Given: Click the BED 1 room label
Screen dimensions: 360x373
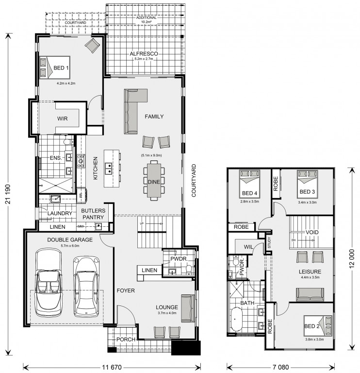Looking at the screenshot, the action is (61, 68).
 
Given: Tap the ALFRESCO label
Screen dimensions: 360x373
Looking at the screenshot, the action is (144, 54).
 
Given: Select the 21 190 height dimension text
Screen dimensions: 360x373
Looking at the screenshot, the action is (8, 194).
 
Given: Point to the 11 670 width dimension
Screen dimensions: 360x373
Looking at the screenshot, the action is (112, 367).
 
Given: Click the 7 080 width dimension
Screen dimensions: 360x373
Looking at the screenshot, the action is (280, 367).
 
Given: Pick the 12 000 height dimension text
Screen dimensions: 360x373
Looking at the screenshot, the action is (352, 258).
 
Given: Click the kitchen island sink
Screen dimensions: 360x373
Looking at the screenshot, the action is (109, 168).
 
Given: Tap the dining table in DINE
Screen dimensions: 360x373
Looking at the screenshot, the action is (154, 181).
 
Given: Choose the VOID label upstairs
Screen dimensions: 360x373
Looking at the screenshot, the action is (312, 232).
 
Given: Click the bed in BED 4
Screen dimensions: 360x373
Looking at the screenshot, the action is (249, 184).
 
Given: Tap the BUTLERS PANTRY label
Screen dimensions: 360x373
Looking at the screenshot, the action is (93, 214).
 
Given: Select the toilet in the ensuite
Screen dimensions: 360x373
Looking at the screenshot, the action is (68, 142).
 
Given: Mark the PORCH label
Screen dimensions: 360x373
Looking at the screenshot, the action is (126, 339).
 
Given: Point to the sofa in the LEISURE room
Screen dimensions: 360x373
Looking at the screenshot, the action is (310, 294).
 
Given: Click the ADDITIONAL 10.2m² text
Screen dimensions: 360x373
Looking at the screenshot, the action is (146, 20).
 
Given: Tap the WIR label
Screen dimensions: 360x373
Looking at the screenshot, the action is (62, 119).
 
